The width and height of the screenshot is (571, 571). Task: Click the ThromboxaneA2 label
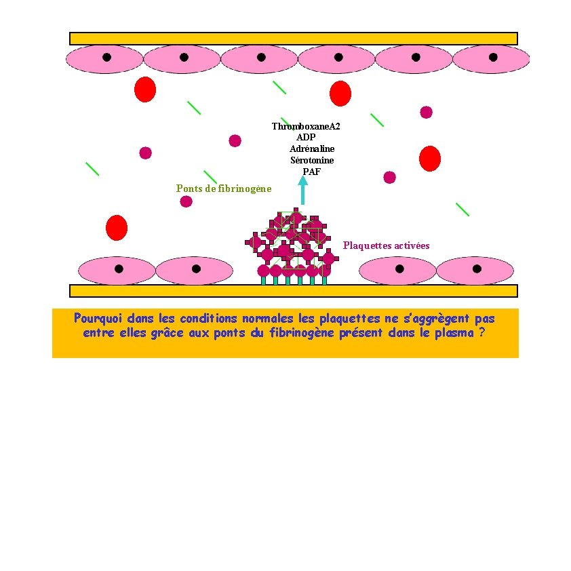[305, 127]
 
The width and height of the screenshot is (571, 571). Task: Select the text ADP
[306, 138]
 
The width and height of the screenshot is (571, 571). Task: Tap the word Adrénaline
[312, 149]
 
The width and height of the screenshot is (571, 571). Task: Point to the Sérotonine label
[312, 160]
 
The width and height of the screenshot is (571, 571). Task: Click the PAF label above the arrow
[311, 172]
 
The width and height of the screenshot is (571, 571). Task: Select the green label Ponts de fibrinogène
[223, 189]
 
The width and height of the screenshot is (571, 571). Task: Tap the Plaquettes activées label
[386, 245]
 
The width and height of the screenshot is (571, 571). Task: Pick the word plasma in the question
[454, 333]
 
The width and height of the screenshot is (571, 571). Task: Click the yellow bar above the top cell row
[293, 38]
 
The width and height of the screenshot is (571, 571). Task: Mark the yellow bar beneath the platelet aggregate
[293, 291]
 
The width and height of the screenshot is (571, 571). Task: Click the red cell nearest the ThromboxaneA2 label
[340, 94]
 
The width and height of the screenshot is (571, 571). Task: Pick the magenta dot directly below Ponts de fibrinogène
[186, 201]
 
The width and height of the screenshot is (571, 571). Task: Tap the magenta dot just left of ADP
[235, 140]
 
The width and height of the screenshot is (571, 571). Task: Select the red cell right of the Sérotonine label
[429, 158]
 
